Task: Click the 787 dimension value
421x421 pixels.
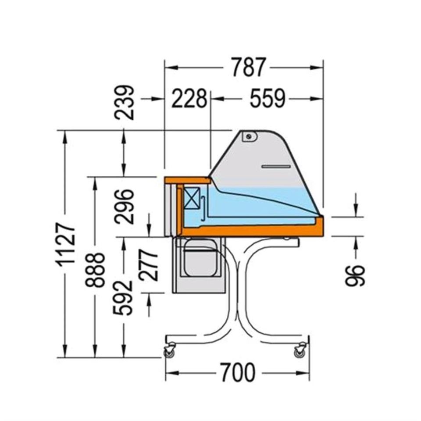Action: click(249, 67)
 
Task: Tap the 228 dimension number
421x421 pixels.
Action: click(189, 99)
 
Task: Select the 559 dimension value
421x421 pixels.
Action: click(268, 99)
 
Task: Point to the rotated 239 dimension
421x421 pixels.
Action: click(124, 102)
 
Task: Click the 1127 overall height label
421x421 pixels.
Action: click(65, 245)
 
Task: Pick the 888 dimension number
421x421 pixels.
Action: click(95, 270)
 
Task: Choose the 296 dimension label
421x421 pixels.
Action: click(124, 207)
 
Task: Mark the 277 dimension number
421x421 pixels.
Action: click(149, 265)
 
